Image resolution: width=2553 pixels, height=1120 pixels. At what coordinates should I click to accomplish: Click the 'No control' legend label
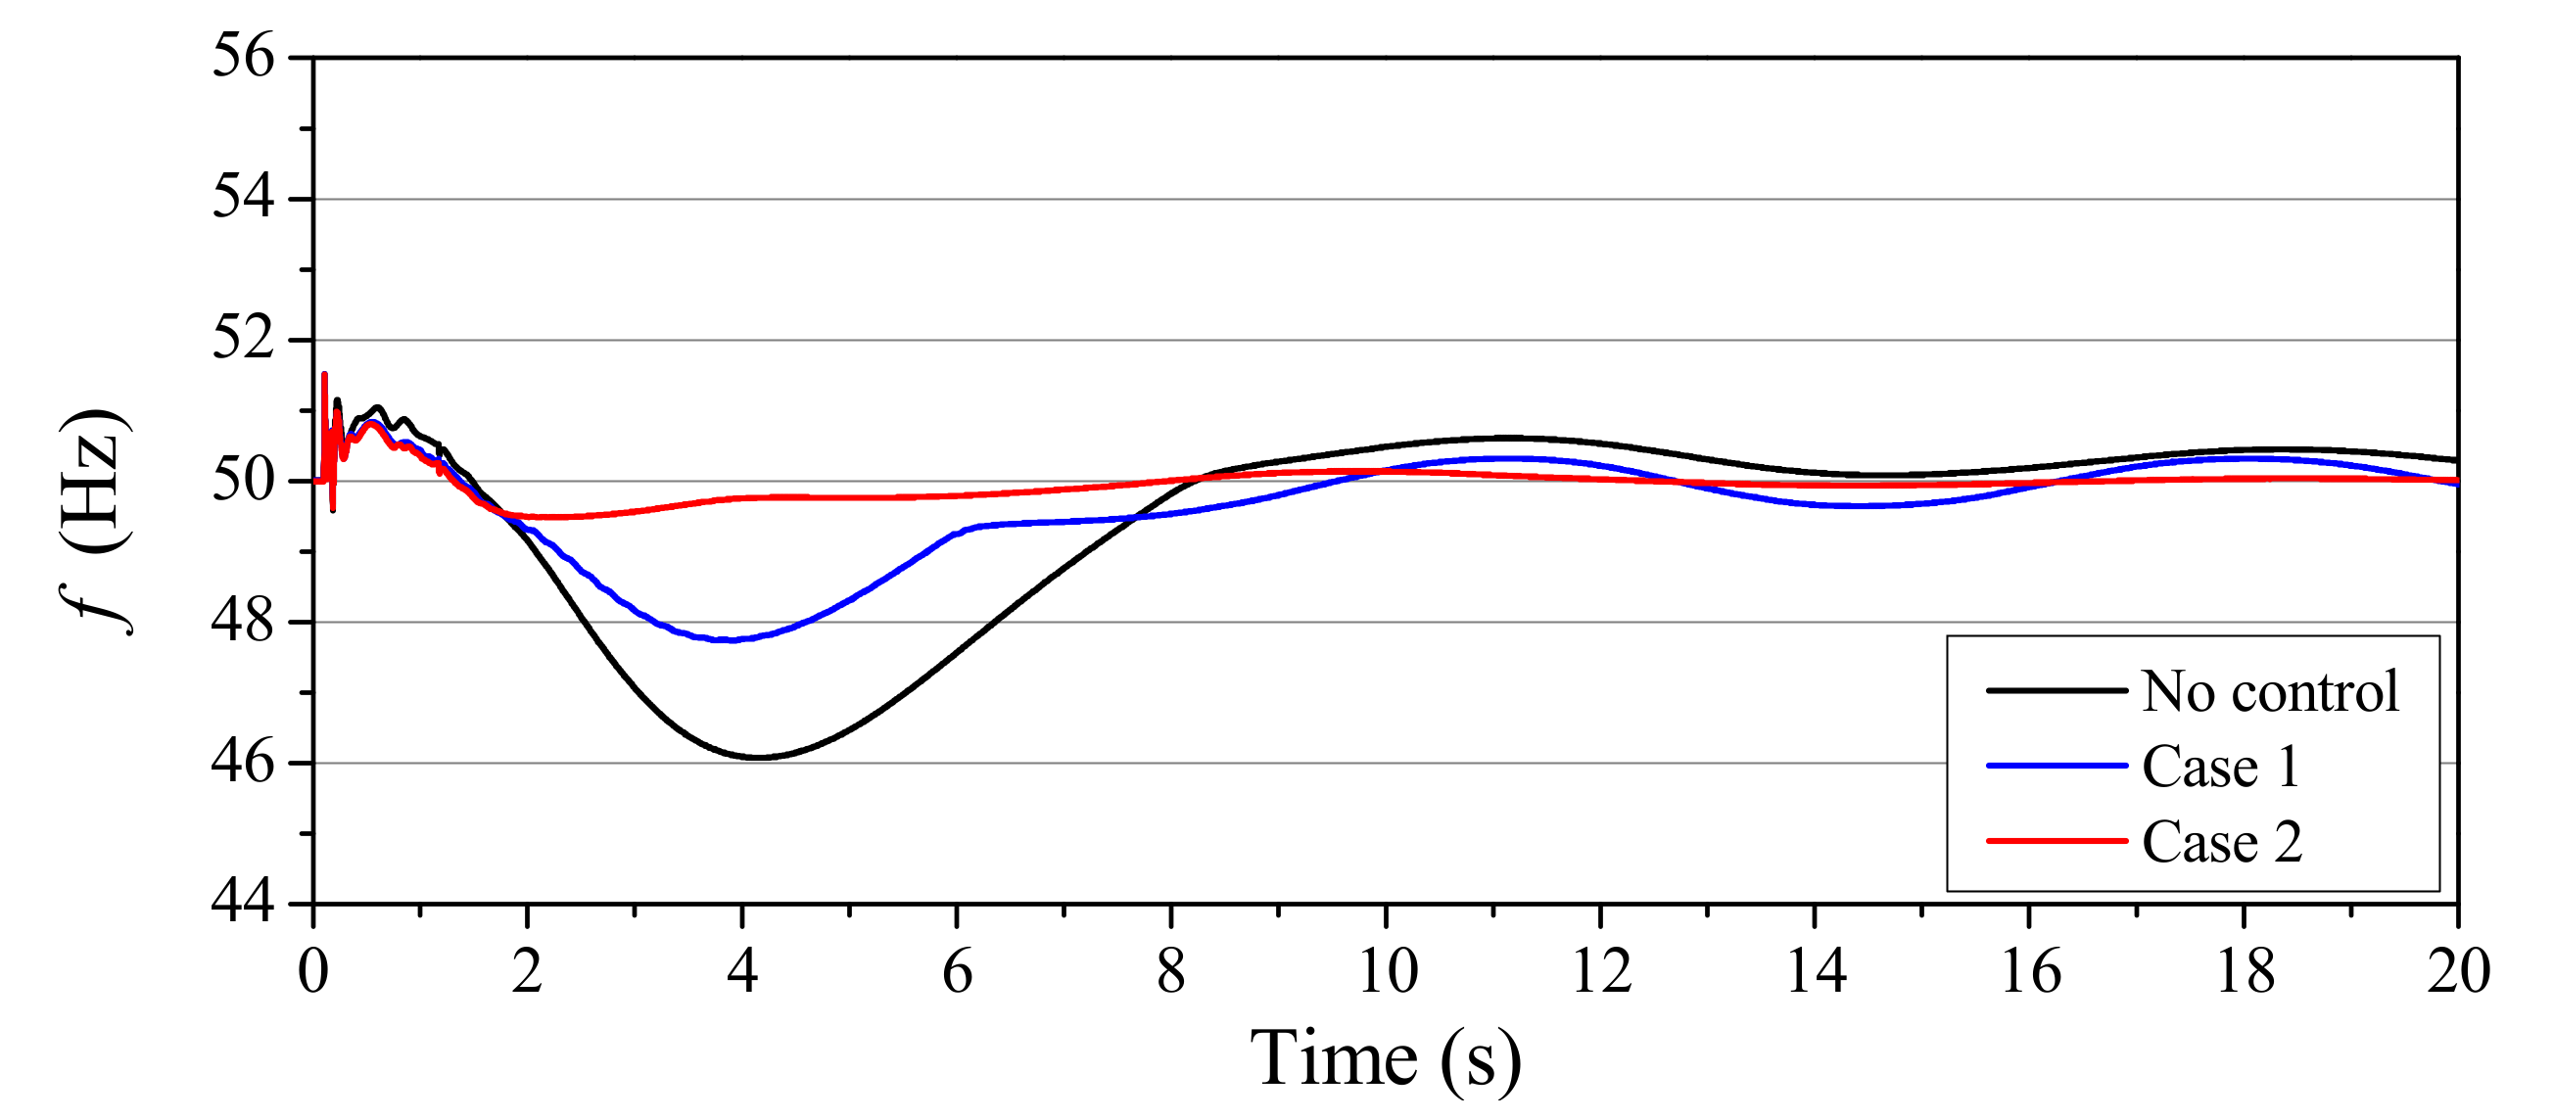click(x=2270, y=691)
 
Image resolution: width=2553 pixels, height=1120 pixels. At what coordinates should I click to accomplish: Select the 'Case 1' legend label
click(x=2221, y=767)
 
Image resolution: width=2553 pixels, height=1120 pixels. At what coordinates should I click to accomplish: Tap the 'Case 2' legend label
click(x=2222, y=842)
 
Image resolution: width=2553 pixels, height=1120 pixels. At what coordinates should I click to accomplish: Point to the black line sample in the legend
click(x=2056, y=691)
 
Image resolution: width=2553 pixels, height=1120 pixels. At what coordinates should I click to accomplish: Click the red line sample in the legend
click(x=2056, y=842)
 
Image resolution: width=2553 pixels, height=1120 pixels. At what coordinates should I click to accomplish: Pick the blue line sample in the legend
click(x=2056, y=767)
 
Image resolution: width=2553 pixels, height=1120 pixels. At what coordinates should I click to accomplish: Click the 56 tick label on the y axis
click(x=243, y=56)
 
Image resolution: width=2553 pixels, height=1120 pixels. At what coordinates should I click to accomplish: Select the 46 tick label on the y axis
click(x=243, y=763)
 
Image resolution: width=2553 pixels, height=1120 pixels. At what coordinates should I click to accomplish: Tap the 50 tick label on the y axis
click(x=243, y=481)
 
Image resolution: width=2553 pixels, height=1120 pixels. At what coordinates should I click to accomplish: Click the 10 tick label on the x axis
click(x=1387, y=970)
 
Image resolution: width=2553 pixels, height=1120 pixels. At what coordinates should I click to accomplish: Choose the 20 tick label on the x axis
click(x=2458, y=970)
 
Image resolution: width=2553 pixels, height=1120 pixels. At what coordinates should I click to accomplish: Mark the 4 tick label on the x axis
click(x=742, y=970)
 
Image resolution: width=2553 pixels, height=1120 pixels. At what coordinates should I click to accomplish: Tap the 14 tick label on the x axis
click(x=1816, y=970)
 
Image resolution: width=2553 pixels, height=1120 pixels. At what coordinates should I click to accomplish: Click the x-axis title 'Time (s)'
click(x=1386, y=1058)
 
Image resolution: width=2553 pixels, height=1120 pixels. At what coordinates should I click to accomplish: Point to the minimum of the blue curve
click(x=732, y=640)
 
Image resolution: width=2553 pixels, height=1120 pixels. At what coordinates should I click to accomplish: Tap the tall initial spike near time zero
click(x=324, y=376)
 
